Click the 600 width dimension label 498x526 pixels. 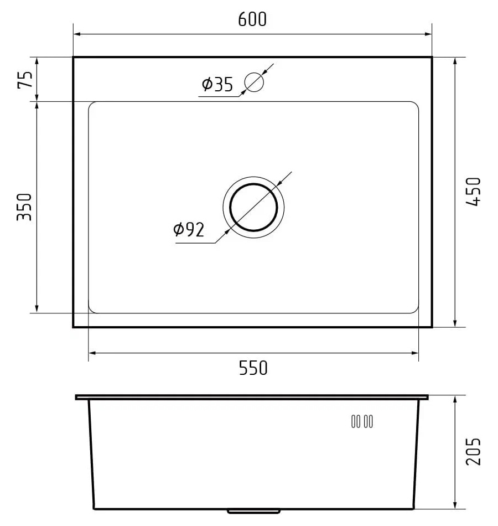[252, 19]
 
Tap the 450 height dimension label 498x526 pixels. [473, 192]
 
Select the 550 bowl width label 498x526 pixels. [253, 368]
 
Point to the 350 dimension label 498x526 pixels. [24, 207]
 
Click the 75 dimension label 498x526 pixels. [25, 80]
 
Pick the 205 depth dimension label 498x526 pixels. [473, 451]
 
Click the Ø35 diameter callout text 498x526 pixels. [217, 84]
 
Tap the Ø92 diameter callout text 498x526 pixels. [189, 229]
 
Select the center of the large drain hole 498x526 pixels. [253, 207]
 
